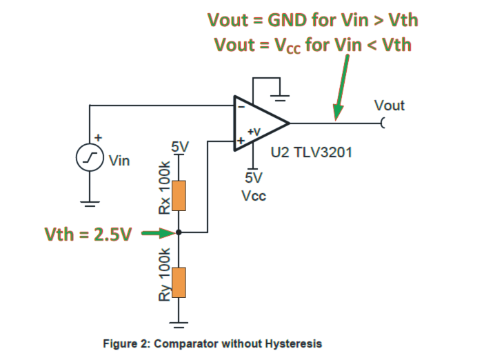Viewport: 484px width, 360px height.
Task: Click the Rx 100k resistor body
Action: point(179,195)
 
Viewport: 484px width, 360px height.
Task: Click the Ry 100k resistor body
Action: point(179,281)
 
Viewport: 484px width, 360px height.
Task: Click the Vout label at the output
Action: point(389,106)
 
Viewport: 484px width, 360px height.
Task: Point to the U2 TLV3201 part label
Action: point(312,152)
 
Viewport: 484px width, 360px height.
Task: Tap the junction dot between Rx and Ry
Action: point(179,233)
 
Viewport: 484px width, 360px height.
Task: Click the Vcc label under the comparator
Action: point(253,195)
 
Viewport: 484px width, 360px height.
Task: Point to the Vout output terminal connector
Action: point(382,123)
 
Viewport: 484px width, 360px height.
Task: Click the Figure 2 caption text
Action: point(212,343)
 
